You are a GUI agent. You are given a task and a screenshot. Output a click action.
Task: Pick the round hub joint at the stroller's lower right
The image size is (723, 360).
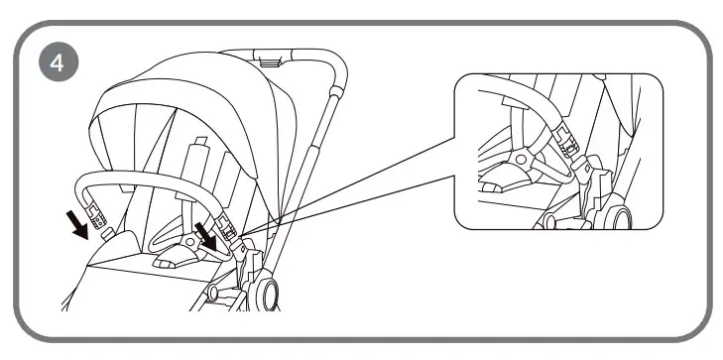coord(270,294)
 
